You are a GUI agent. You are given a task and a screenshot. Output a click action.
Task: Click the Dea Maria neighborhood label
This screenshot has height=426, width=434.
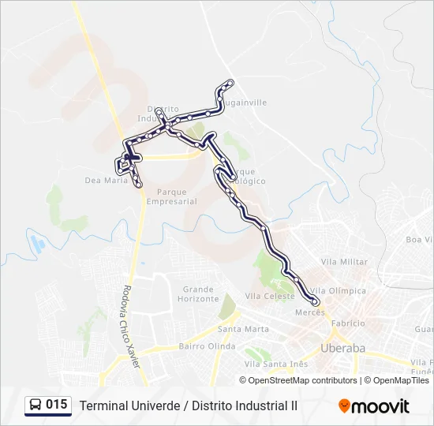(x=106, y=180)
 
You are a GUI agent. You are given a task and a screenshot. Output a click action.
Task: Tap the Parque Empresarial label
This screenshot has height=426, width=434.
(x=177, y=196)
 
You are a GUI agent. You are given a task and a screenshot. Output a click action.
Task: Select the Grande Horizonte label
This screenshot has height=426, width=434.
(x=198, y=294)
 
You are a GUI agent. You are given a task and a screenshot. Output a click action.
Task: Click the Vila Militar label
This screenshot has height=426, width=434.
(x=344, y=261)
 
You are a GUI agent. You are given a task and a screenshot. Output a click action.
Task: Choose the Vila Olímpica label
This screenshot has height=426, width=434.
(x=339, y=290)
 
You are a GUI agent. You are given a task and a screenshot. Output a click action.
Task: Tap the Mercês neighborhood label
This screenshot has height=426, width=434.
(x=309, y=312)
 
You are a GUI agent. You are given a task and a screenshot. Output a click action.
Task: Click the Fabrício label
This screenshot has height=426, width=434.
(x=348, y=323)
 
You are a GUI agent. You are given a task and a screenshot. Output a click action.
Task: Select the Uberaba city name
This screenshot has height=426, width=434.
(x=343, y=348)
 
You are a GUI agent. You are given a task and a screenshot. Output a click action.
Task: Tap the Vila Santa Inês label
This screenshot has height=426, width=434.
(x=275, y=364)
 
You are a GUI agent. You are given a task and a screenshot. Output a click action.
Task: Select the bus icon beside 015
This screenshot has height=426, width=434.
(x=36, y=405)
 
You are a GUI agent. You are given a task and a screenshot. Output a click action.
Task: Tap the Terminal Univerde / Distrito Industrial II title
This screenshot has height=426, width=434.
(x=188, y=405)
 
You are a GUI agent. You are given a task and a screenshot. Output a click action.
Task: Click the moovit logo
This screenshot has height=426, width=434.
(x=374, y=406)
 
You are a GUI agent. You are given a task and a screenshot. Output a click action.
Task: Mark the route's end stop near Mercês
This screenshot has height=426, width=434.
(x=316, y=301)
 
